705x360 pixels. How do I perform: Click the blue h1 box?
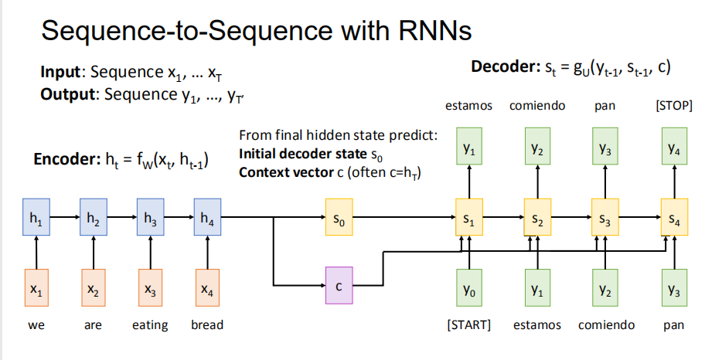pos(36,219)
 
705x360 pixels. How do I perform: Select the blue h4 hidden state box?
pos(206,219)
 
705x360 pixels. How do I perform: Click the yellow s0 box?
pos(339,219)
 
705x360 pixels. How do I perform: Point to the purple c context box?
pos(339,286)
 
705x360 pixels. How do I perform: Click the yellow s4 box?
pos(673,219)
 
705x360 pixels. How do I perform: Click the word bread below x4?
pos(206,325)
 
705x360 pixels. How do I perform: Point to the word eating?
pos(150,325)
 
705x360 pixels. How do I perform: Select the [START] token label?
pos(468,324)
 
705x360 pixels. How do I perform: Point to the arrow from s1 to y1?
pos(468,185)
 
